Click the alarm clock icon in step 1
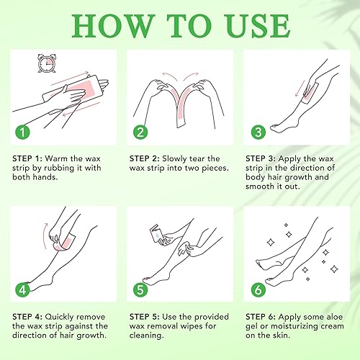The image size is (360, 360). click(x=47, y=63)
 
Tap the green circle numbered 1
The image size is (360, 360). click(x=22, y=132)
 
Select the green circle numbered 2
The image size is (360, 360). click(x=140, y=132)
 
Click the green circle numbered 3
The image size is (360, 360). click(x=258, y=132)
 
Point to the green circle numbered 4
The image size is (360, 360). click(x=22, y=290)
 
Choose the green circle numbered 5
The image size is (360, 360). click(x=140, y=290)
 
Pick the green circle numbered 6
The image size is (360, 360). click(x=258, y=290)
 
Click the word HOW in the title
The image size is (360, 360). click(x=113, y=26)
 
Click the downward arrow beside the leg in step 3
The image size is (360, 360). click(x=300, y=89)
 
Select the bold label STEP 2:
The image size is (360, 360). click(x=145, y=158)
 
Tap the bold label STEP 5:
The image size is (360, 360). click(x=145, y=317)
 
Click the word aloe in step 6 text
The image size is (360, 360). click(x=333, y=317)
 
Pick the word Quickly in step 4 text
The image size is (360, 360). click(x=60, y=318)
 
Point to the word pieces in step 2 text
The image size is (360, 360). click(x=215, y=168)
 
